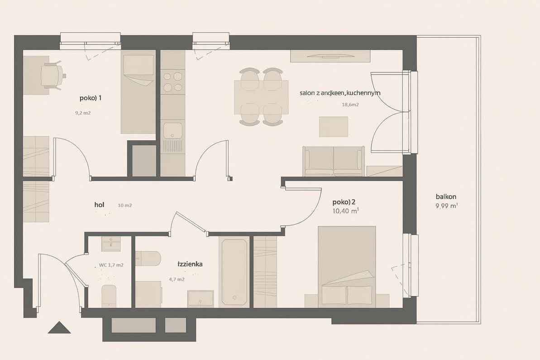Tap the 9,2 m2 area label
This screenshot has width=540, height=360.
[83, 113]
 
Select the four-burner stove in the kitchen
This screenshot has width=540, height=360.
[173, 82]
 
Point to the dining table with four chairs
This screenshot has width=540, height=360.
[261, 97]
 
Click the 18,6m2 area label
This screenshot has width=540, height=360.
[350, 105]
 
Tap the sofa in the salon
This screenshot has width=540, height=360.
[334, 161]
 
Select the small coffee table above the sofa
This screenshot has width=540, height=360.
[334, 126]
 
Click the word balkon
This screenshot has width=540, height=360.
[446, 197]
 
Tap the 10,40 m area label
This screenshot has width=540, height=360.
[345, 211]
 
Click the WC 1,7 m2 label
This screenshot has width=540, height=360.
[111, 265]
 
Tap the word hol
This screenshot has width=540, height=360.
[99, 205]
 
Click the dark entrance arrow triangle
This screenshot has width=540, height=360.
[59, 328]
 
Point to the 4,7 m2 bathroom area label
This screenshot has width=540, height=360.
[177, 279]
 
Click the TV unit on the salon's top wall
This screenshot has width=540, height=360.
[330, 56]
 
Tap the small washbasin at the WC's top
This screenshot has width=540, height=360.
[110, 244]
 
